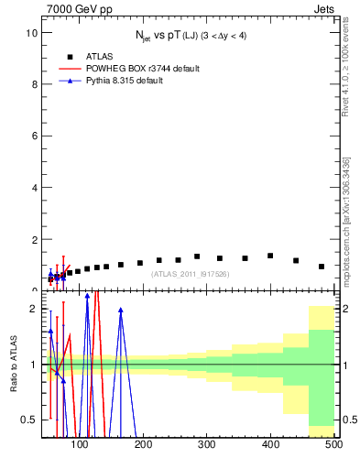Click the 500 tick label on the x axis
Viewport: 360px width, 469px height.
click(333, 445)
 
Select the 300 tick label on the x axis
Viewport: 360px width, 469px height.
click(207, 445)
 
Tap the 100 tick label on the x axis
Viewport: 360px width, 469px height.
click(81, 445)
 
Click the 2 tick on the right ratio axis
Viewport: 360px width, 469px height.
click(344, 309)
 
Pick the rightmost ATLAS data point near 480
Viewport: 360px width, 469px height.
click(321, 267)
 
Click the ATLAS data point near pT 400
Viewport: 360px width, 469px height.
click(270, 256)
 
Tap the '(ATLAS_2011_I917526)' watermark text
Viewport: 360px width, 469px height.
click(190, 273)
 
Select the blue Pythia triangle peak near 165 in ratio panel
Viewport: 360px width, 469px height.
click(121, 311)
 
